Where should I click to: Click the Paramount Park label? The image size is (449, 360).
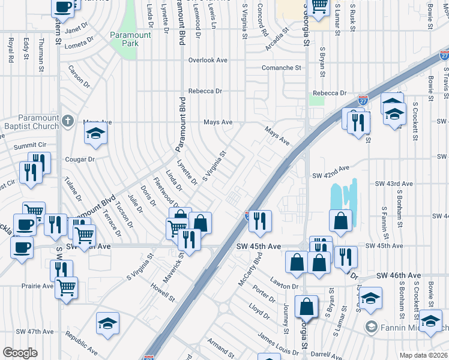[130, 40]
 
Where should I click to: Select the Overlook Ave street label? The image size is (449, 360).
[208, 60]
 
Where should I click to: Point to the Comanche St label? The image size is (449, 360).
[281, 68]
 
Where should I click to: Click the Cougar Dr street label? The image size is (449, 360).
[83, 159]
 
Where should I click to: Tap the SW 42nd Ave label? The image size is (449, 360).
[331, 172]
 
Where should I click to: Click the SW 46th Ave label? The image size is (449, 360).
[399, 275]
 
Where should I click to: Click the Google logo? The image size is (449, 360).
[20, 353]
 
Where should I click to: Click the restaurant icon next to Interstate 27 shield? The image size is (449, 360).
[261, 220]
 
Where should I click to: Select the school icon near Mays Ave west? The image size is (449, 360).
[95, 136]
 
